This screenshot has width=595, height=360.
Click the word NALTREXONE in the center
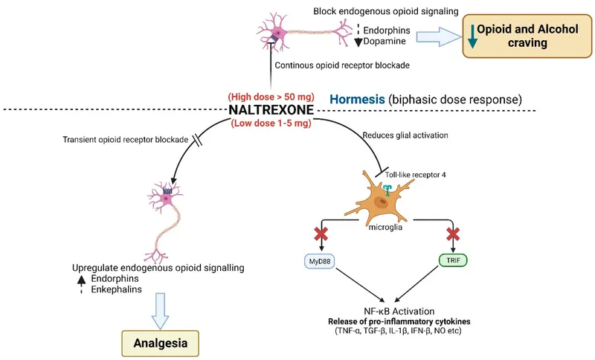pos(271,110)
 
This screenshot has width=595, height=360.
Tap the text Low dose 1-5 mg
pos(271,123)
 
